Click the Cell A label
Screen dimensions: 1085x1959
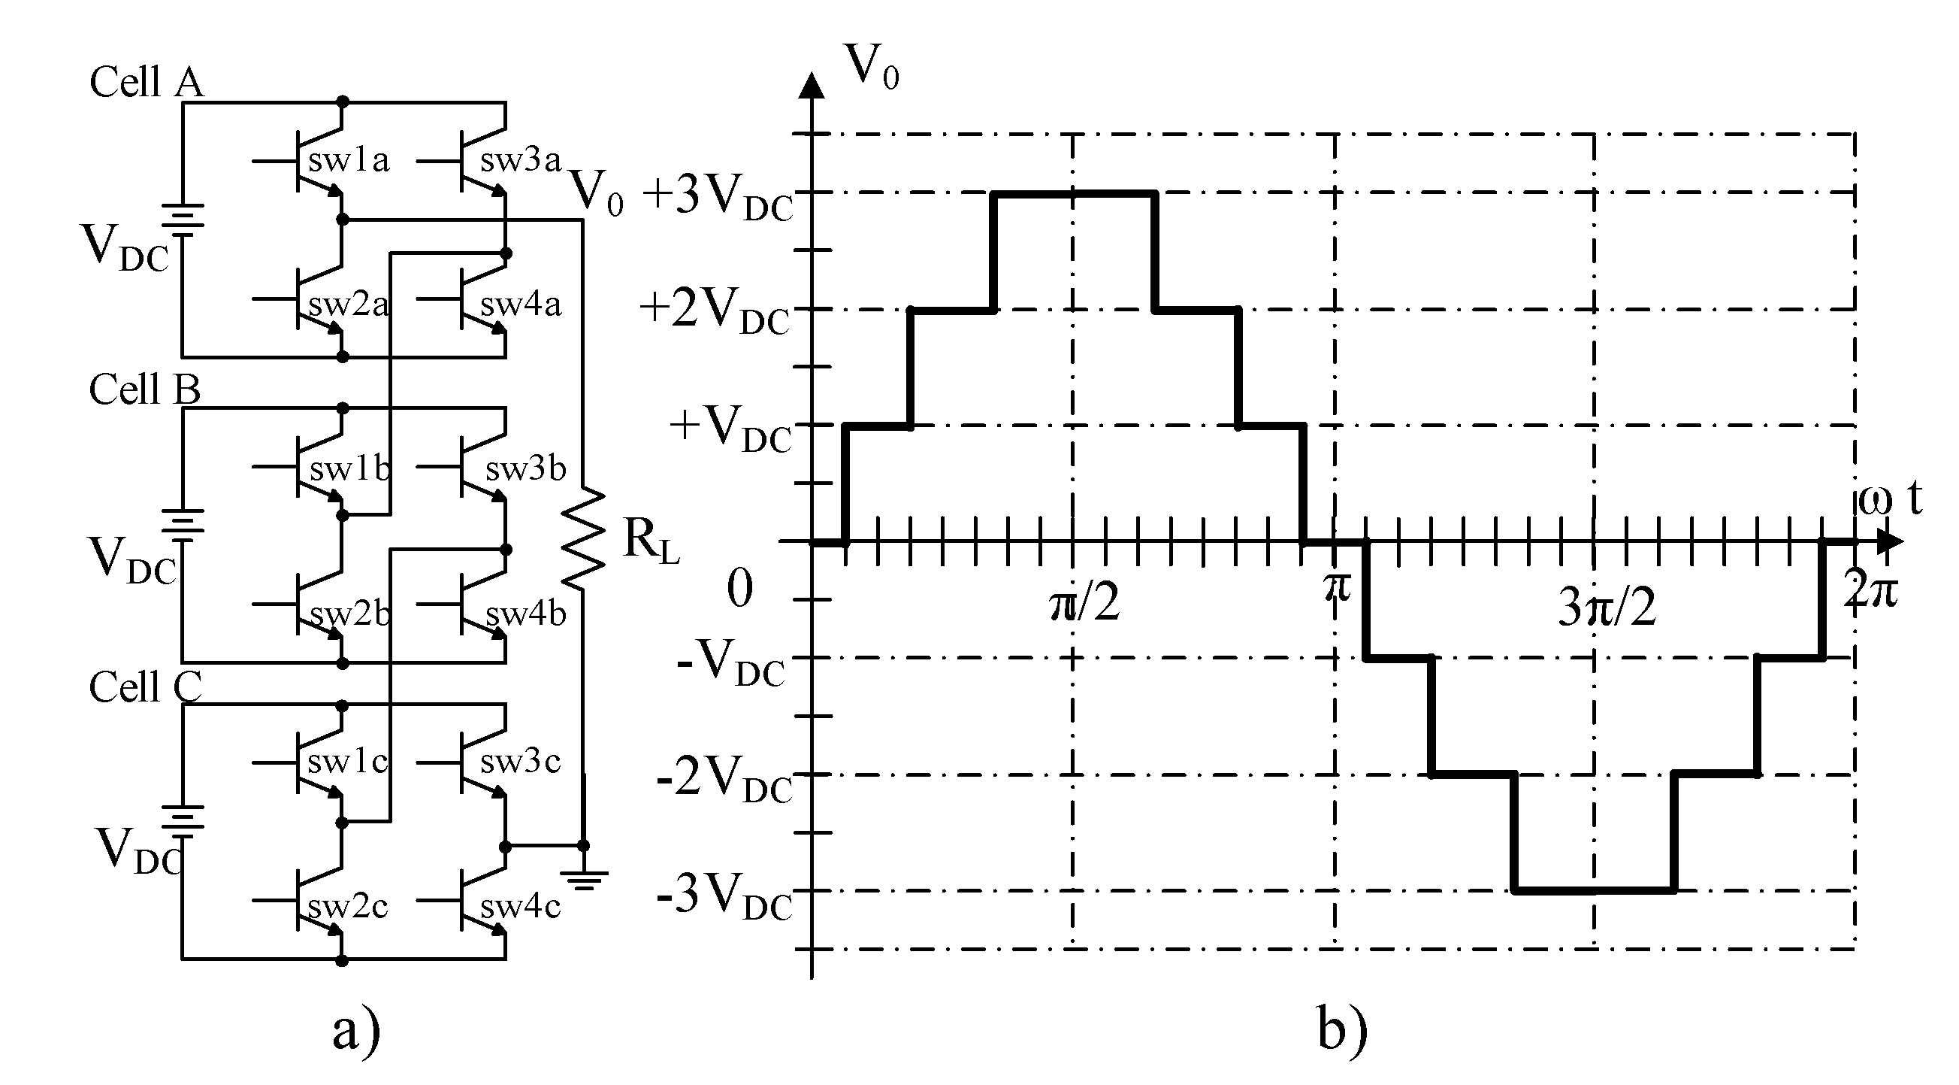pyautogui.click(x=147, y=82)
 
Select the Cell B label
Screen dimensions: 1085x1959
pyautogui.click(x=144, y=389)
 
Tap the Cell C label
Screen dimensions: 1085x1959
pyautogui.click(x=145, y=687)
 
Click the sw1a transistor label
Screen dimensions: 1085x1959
pyautogui.click(x=349, y=161)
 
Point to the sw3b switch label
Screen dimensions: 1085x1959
pyautogui.click(x=525, y=469)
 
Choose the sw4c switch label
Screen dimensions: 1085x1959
pyautogui.click(x=520, y=906)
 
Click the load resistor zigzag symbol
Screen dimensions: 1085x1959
pyautogui.click(x=583, y=539)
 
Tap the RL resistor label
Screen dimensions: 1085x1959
pyautogui.click(x=650, y=541)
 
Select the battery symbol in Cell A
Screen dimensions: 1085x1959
pyautogui.click(x=183, y=220)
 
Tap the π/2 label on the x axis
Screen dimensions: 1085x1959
pyautogui.click(x=1084, y=604)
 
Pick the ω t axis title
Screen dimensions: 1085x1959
pyautogui.click(x=1891, y=499)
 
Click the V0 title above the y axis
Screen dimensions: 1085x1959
pyautogui.click(x=872, y=67)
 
